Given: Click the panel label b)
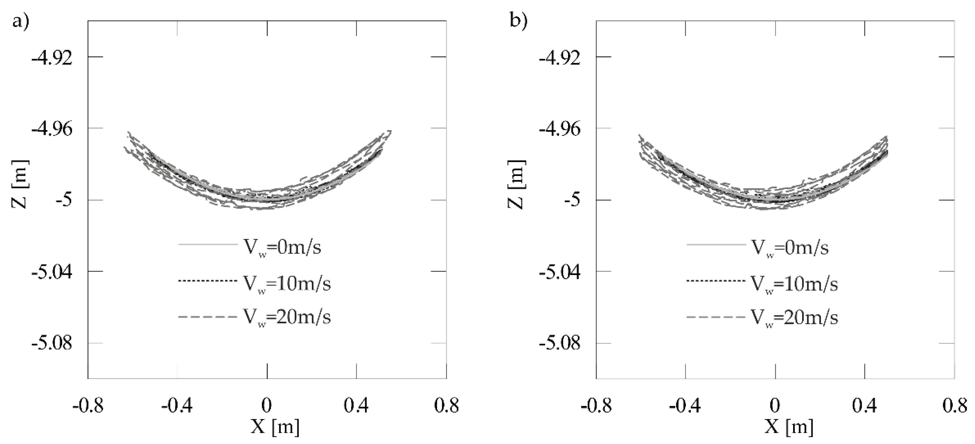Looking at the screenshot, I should (518, 20).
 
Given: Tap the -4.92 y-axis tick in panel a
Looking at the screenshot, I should (52, 58).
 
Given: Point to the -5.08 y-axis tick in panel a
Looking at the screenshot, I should (52, 344).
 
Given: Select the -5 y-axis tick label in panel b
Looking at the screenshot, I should (572, 201).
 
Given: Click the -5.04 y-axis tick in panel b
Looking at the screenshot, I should (560, 272).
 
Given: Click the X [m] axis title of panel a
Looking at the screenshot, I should (275, 427).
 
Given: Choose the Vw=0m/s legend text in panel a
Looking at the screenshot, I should (282, 248).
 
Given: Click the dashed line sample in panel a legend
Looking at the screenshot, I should (207, 316).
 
